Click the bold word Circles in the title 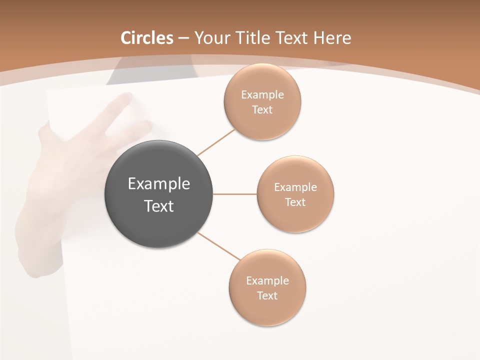coord(146,38)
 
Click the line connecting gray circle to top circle coord(216,142)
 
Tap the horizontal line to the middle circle coord(235,194)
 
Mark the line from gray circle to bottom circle coord(218,246)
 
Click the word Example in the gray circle coord(159,184)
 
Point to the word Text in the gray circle coord(159,206)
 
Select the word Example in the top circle coord(262,94)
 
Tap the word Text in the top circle coord(262,109)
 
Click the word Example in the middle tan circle coord(295,187)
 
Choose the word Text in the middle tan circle coord(295,202)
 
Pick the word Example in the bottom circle coord(267,280)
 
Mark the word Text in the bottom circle coord(267,295)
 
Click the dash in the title coord(183,38)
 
